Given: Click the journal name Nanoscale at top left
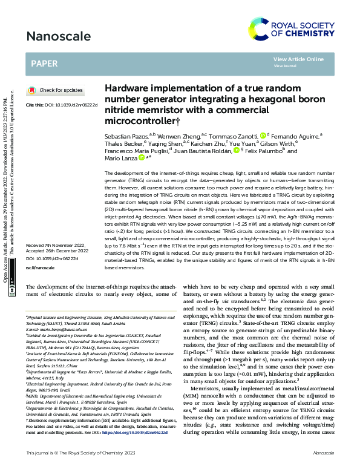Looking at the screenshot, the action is click(54, 36).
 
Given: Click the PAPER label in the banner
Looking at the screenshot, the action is click(45, 62).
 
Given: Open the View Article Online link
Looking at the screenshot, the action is click(298, 59).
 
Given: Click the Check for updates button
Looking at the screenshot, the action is click(56, 90).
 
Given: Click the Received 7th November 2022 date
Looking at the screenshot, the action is click(58, 246).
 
